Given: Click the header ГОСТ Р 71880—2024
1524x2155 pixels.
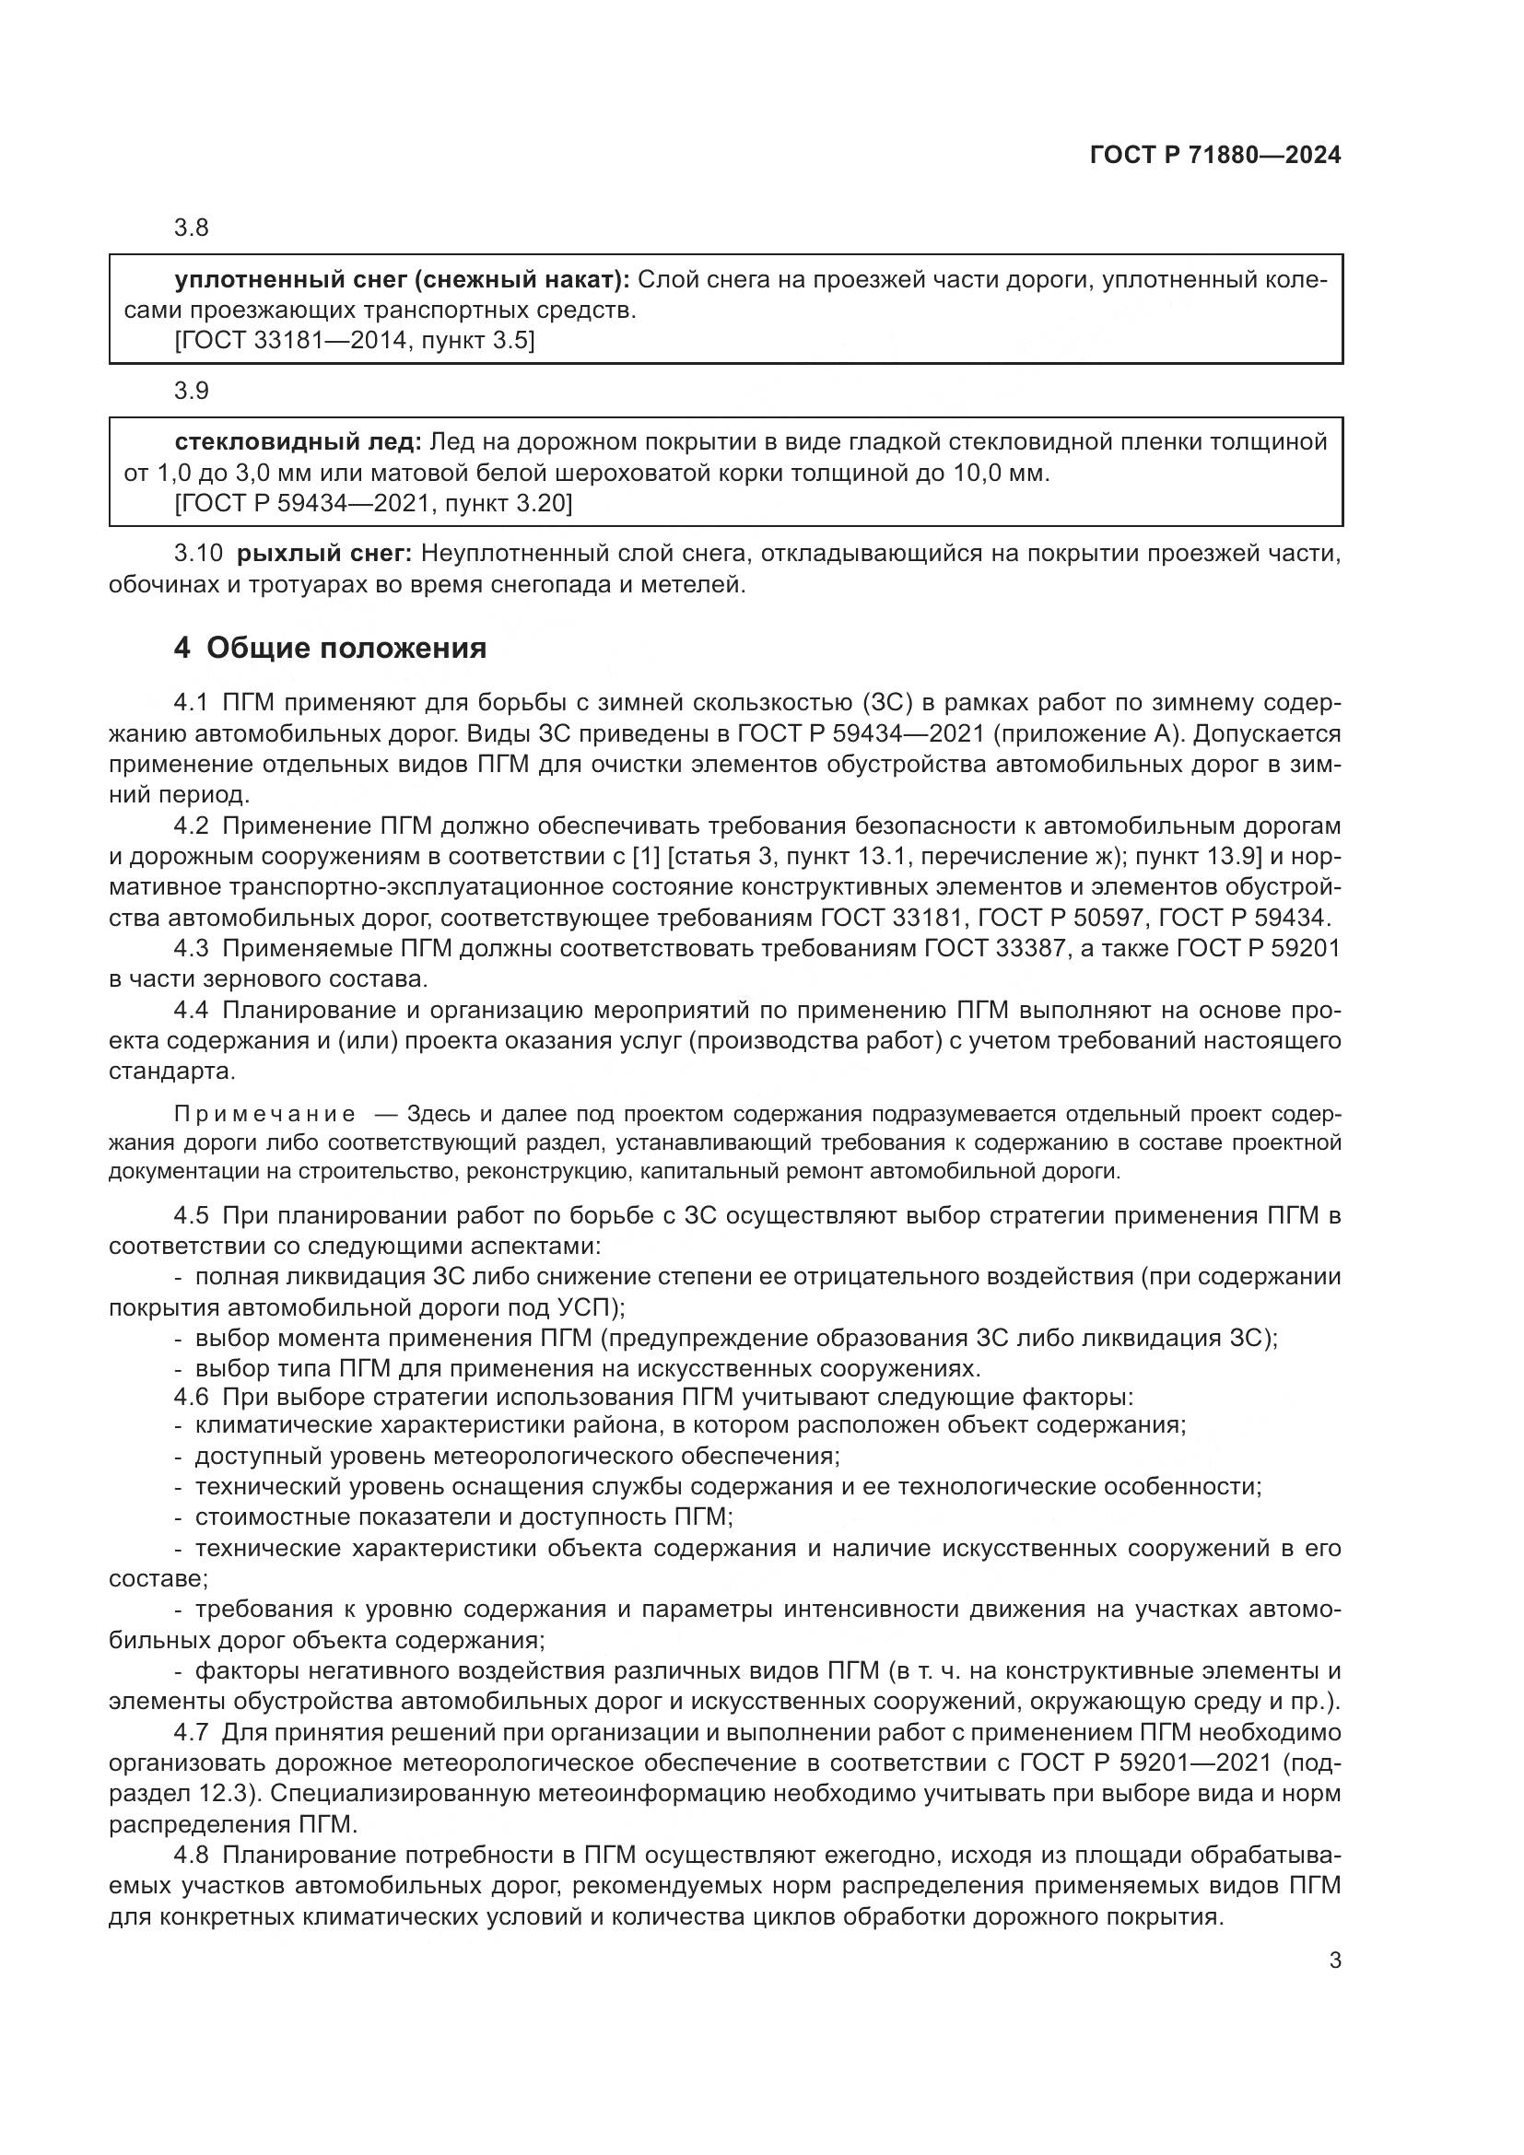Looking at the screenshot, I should tap(1215, 156).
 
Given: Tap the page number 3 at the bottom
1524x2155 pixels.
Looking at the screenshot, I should tap(1334, 1961).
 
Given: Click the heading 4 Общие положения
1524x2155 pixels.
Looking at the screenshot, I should tap(331, 648).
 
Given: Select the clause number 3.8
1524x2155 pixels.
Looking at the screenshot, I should tap(191, 228).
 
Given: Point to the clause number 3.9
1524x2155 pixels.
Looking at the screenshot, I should tap(191, 391).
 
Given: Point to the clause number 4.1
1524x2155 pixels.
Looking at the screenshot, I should tap(193, 702).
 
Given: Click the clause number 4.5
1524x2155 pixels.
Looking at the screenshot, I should tap(193, 1215).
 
